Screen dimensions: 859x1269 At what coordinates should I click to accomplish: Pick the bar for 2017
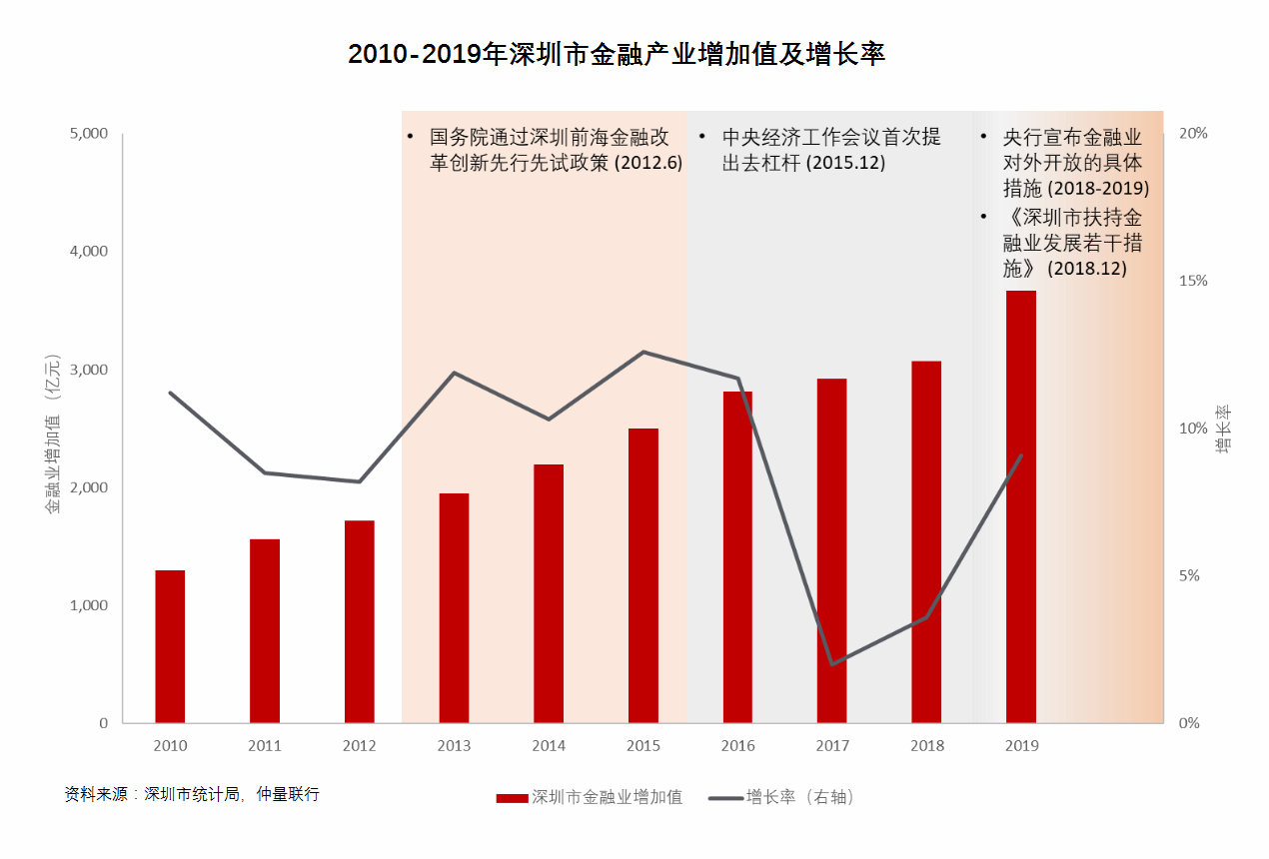click(x=831, y=550)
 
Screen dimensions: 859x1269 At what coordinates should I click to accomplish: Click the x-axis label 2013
click(x=454, y=746)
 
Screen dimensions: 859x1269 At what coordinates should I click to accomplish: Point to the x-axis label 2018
click(x=927, y=746)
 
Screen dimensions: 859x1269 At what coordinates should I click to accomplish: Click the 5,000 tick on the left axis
click(x=88, y=133)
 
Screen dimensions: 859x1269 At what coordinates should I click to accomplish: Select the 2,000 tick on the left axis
click(x=88, y=487)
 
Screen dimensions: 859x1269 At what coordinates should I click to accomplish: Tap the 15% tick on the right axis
click(x=1193, y=281)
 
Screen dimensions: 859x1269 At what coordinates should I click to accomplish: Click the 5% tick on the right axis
click(x=1193, y=576)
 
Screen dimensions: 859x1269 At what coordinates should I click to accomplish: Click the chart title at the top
click(x=617, y=54)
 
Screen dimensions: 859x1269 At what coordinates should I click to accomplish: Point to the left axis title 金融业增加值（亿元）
click(x=53, y=434)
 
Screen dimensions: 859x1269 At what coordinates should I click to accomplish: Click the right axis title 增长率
click(x=1223, y=429)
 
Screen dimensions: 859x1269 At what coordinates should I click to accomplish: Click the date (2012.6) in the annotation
click(x=647, y=162)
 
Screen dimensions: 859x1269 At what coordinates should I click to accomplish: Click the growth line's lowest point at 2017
click(x=831, y=664)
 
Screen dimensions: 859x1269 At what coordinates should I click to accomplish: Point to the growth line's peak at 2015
click(x=643, y=352)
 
